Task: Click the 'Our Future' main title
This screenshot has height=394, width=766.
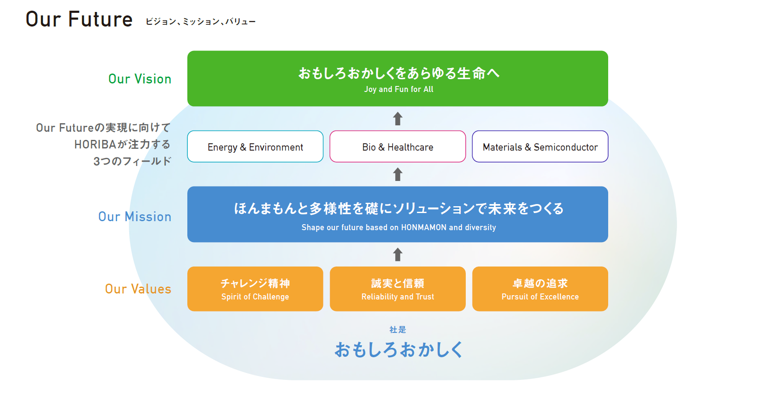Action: pyautogui.click(x=79, y=19)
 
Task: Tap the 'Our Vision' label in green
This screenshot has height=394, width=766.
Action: pyautogui.click(x=140, y=79)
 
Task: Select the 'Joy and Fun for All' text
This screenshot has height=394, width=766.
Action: pyautogui.click(x=398, y=89)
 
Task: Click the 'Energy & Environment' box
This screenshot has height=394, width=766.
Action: pyautogui.click(x=255, y=147)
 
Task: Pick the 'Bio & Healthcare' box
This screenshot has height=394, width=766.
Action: pyautogui.click(x=398, y=147)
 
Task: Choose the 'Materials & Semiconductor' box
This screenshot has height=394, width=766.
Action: pyautogui.click(x=540, y=147)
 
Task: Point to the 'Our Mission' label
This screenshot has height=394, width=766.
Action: pyautogui.click(x=135, y=217)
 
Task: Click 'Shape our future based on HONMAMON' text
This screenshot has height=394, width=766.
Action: pyautogui.click(x=398, y=228)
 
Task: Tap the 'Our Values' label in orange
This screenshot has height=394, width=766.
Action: pyautogui.click(x=138, y=289)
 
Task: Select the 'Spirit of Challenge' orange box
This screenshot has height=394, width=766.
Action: pyautogui.click(x=255, y=289)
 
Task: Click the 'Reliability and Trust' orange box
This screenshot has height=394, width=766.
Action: pyautogui.click(x=398, y=289)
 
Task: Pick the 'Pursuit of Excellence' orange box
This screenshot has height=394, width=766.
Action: pyautogui.click(x=540, y=289)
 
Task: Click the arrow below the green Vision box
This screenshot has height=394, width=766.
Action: pyautogui.click(x=398, y=118)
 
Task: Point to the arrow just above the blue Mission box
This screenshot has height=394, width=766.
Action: pyautogui.click(x=398, y=174)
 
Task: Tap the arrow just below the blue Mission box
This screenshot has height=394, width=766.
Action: pyautogui.click(x=398, y=255)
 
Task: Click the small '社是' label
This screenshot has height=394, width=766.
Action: pyautogui.click(x=398, y=330)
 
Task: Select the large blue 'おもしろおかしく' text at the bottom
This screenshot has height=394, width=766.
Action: pyautogui.click(x=398, y=350)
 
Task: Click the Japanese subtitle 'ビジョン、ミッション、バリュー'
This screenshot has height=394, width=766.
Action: pyautogui.click(x=200, y=21)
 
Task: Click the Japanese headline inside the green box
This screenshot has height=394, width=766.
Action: pyautogui.click(x=398, y=73)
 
